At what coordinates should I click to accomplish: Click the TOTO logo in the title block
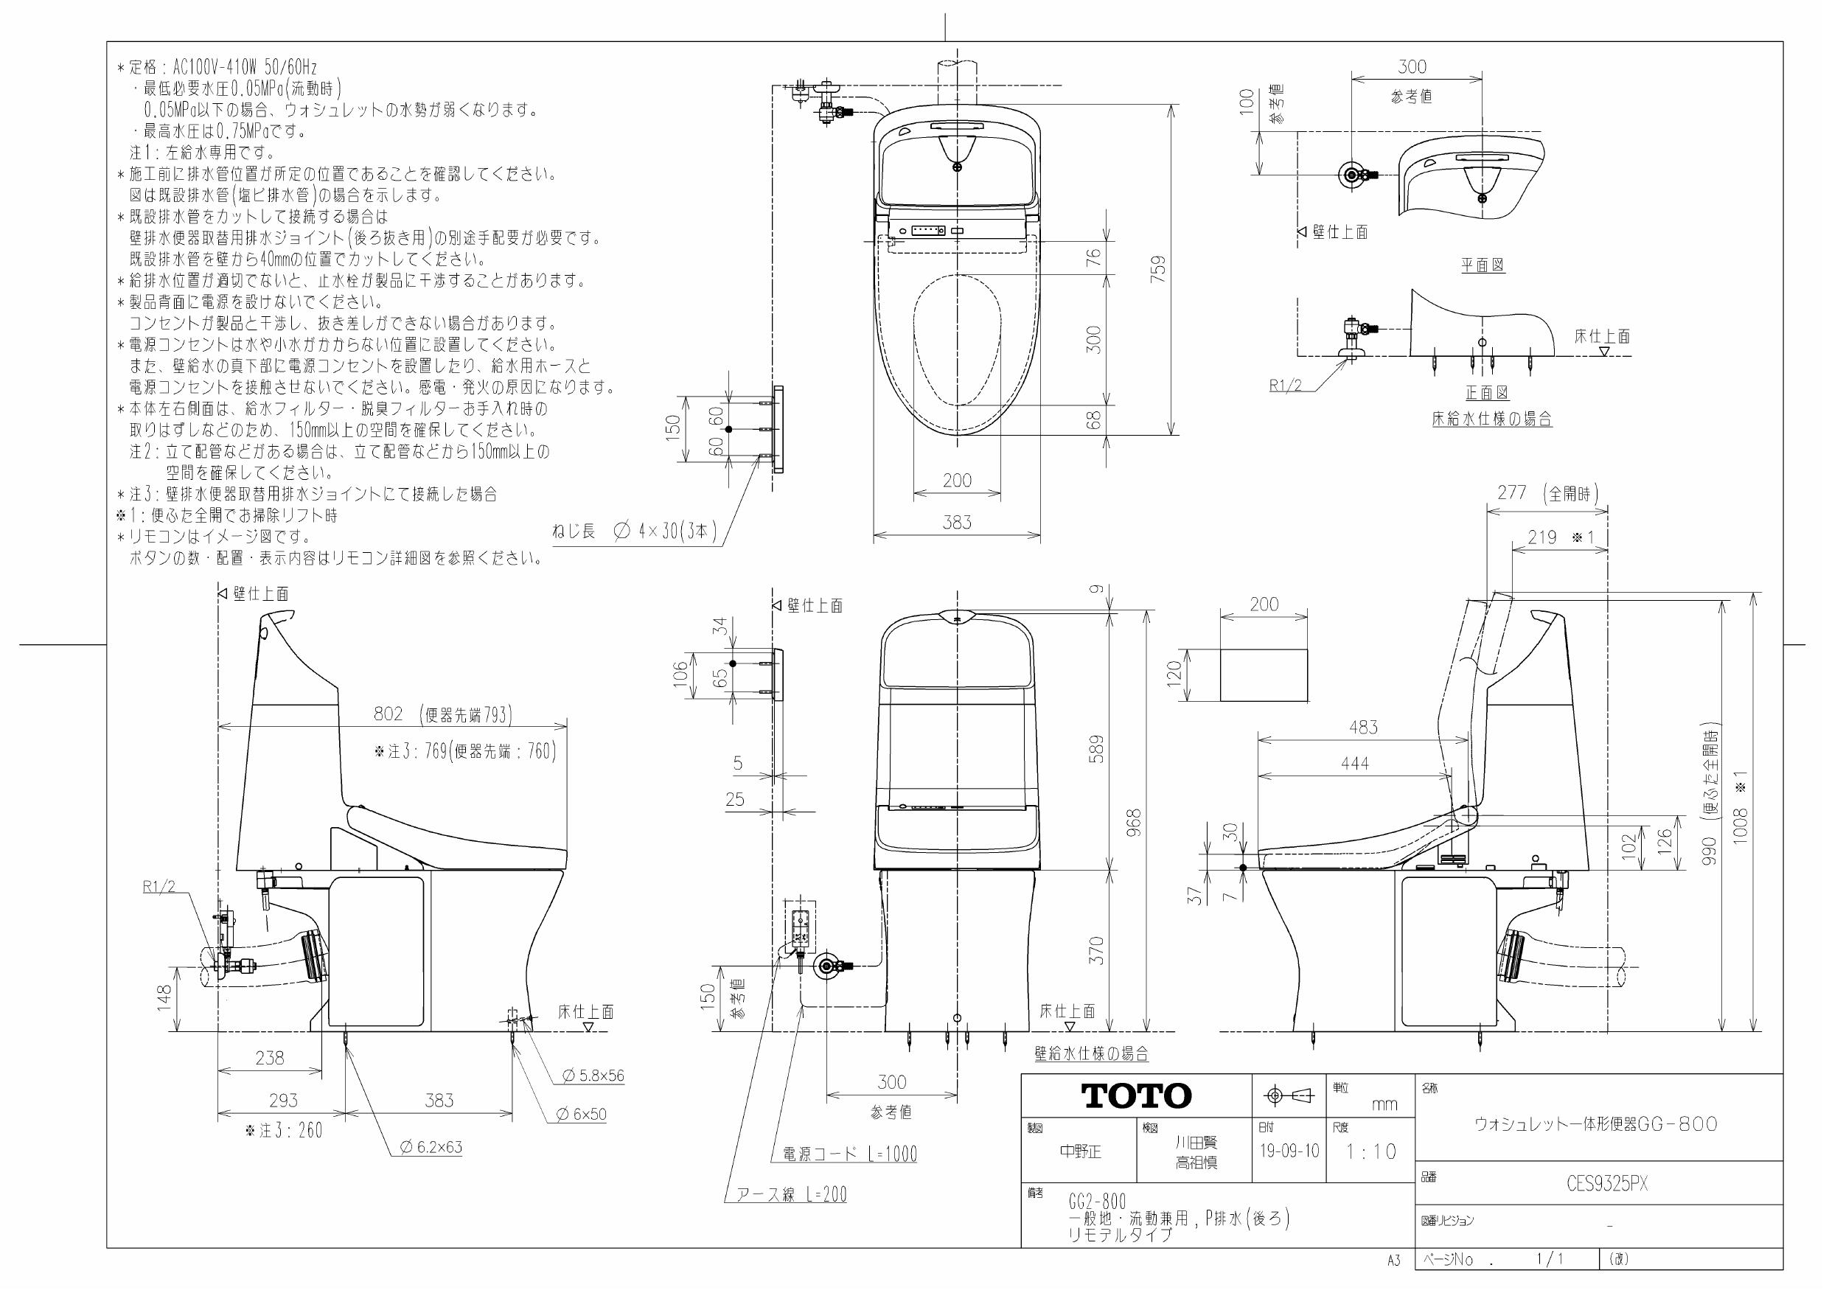pos(1136,1096)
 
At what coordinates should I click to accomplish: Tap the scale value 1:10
pos(1371,1152)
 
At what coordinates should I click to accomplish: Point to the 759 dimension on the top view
pos(1159,270)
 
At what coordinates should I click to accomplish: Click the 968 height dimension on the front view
pos(1135,822)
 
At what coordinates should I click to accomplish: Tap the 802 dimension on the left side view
pos(389,714)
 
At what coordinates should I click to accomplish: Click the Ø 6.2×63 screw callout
pos(431,1148)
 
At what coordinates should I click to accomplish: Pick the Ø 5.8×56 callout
pos(593,1076)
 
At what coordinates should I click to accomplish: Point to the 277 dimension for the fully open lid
pos(1511,493)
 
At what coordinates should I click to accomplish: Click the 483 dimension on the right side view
pos(1363,728)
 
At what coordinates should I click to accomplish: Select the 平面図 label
pos(1483,265)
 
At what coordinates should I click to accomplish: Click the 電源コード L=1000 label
pos(850,1154)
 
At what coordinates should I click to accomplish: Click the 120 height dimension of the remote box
pos(1174,675)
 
